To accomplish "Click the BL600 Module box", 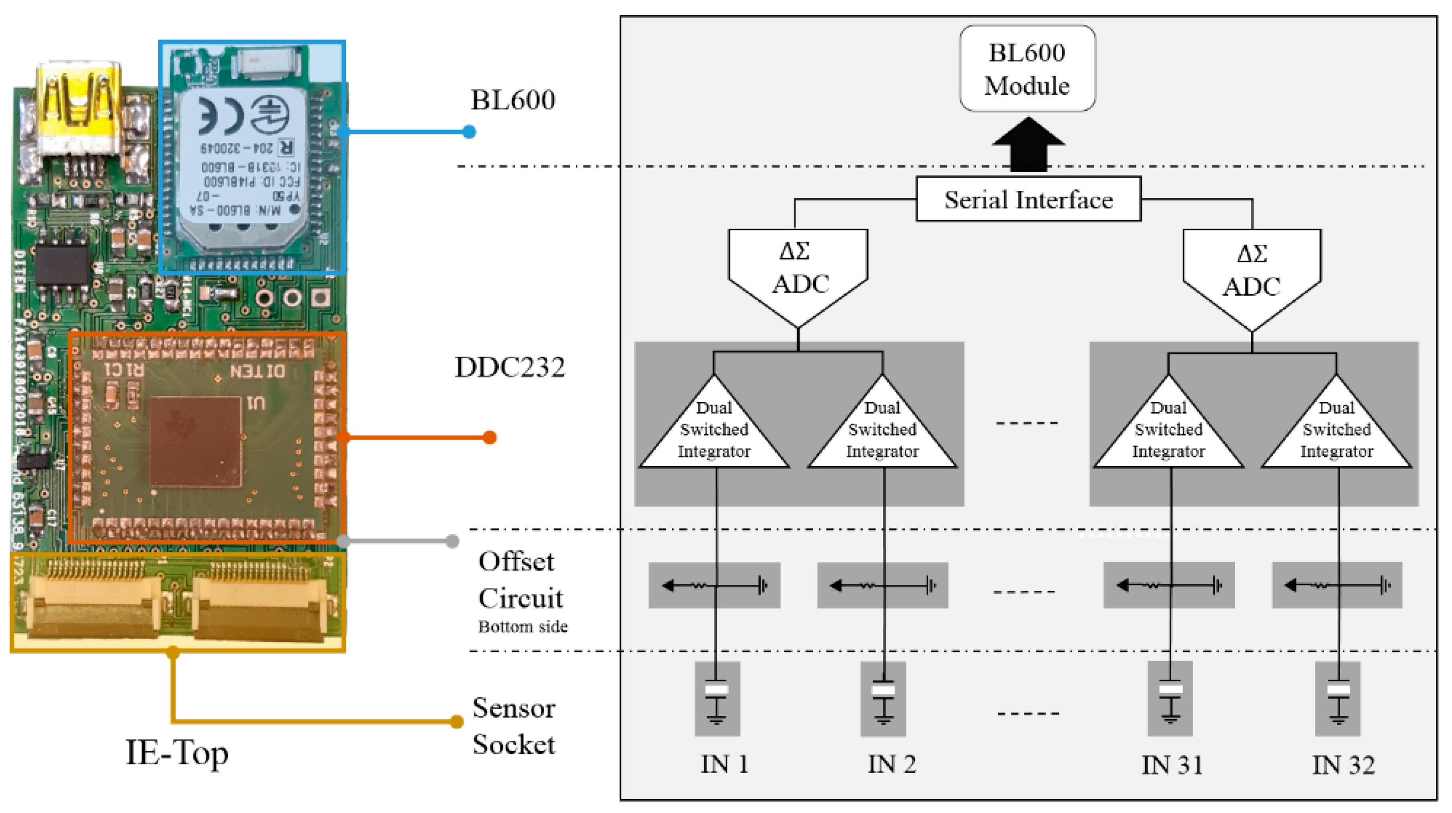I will pos(1027,68).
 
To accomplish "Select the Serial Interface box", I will pos(1028,199).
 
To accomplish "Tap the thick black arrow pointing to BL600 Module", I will pos(1028,146).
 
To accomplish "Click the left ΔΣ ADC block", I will pos(798,271).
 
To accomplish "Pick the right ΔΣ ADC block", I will pos(1251,273).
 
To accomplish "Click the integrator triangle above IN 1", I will pos(713,431).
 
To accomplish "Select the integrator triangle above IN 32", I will pos(1336,431).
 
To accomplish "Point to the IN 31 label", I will pos(1171,765).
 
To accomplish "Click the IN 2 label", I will pos(891,764).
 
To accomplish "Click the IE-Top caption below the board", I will pos(176,753).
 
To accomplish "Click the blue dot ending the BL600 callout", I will pos(468,132).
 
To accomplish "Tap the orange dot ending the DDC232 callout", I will pos(489,438).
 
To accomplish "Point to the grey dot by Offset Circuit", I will pos(452,541).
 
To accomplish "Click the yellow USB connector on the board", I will pos(79,110).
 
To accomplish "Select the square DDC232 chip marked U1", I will pos(196,441).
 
